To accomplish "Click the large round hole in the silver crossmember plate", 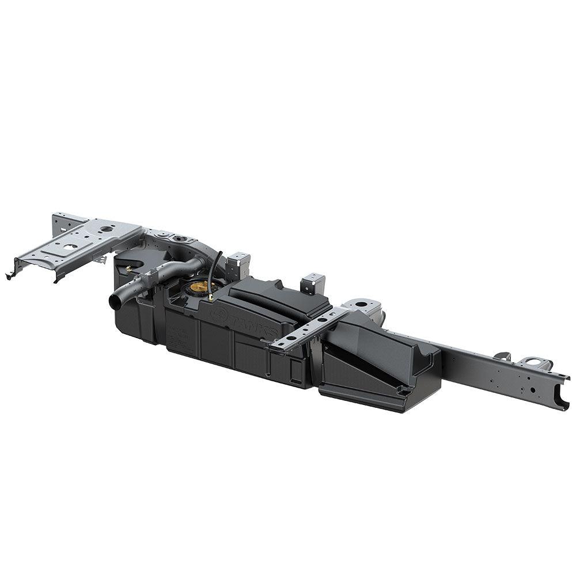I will (x=69, y=247).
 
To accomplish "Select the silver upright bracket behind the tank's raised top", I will (x=314, y=283).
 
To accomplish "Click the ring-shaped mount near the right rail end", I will (x=535, y=362).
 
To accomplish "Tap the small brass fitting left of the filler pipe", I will (x=128, y=268).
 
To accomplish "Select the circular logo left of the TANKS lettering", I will (x=219, y=314).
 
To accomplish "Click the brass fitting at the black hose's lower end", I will (x=211, y=297).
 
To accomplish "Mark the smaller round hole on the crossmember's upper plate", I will (x=106, y=229).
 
